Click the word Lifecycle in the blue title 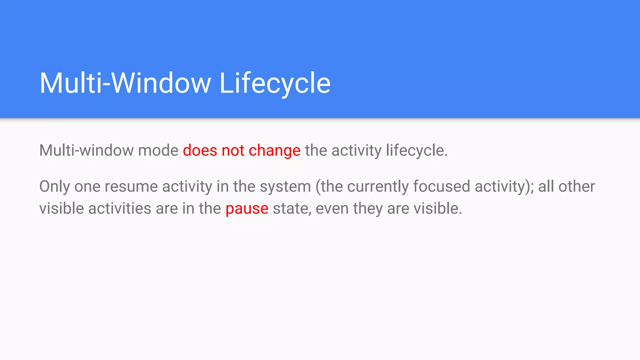point(275,83)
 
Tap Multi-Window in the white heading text point(125,83)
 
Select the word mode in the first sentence point(158,151)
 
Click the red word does point(200,151)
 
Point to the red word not point(233,151)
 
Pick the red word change point(274,151)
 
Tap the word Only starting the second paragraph point(54,187)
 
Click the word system point(285,187)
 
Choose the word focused point(442,187)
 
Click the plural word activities point(120,208)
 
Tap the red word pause point(247,209)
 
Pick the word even point(332,208)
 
